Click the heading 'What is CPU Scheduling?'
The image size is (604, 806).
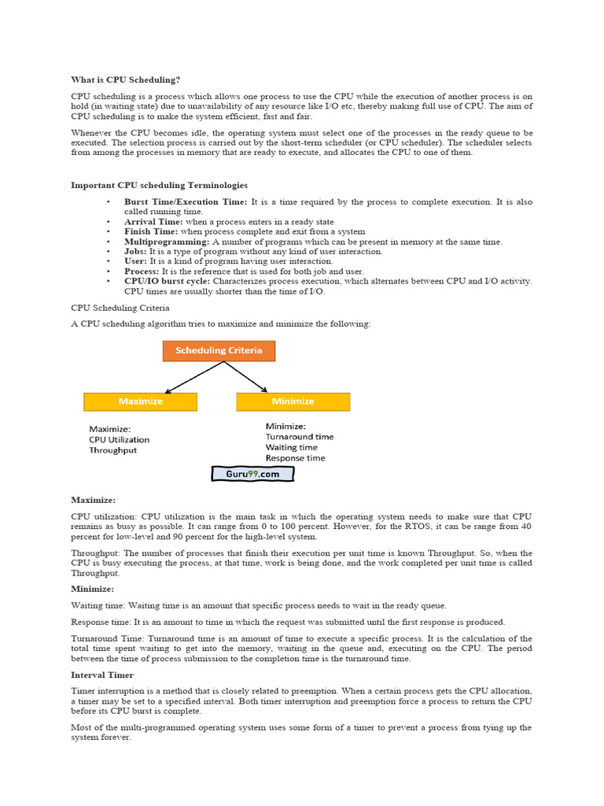tap(126, 79)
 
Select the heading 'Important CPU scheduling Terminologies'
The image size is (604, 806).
tap(159, 185)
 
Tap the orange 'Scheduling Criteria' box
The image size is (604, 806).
tap(219, 350)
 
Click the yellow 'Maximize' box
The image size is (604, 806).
tap(140, 401)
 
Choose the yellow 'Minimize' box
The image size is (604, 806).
tap(293, 401)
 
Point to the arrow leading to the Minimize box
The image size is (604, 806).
tap(247, 377)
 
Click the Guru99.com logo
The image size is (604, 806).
tap(252, 474)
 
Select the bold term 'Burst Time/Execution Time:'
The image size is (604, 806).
tap(186, 201)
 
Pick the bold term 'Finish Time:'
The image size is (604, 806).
tap(152, 231)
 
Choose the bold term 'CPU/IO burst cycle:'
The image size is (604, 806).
tap(167, 281)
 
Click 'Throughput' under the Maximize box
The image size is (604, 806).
tap(113, 451)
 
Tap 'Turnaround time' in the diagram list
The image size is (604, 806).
tap(299, 436)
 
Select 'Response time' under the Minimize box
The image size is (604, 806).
tap(295, 457)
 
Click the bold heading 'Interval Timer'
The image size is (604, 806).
tap(102, 675)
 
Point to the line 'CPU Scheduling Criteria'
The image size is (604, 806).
tap(120, 308)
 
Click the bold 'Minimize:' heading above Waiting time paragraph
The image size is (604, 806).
tap(93, 589)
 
